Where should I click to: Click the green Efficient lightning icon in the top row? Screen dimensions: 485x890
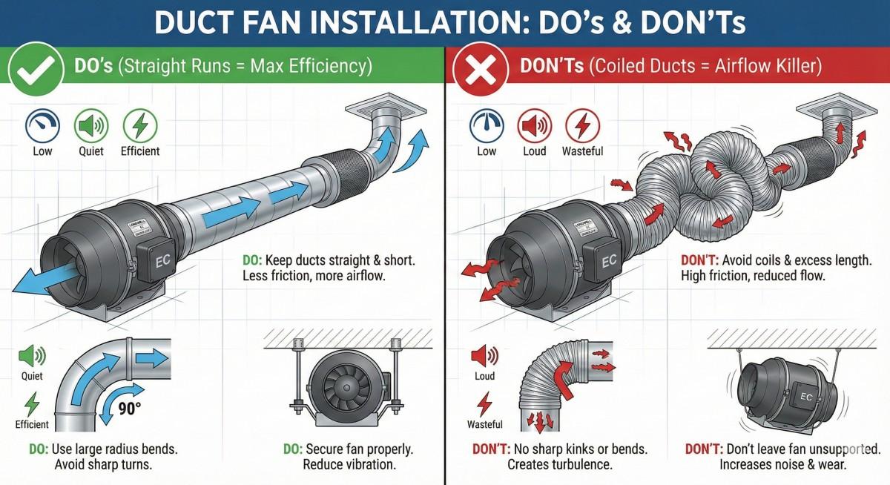click(x=139, y=125)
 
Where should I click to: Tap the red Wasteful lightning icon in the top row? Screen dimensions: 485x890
click(x=582, y=125)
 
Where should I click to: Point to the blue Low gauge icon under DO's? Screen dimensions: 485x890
click(x=42, y=125)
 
